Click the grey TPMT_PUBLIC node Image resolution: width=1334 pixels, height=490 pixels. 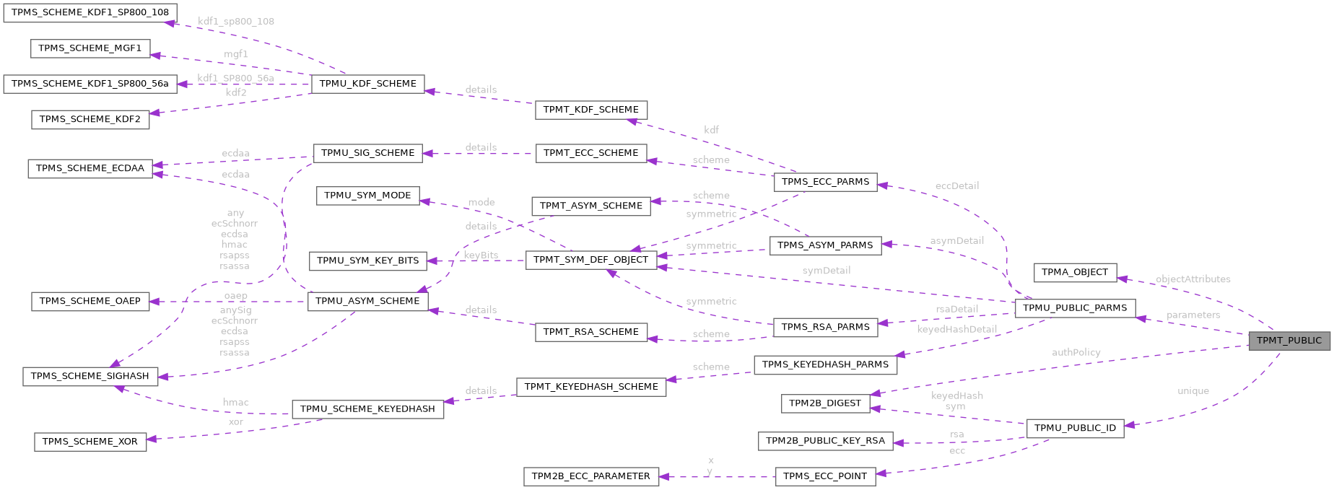[1289, 341]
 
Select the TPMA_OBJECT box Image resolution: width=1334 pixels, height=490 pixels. [1075, 272]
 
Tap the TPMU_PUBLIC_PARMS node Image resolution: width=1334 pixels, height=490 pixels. [1075, 308]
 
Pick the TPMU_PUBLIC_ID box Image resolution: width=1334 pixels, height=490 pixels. [1075, 428]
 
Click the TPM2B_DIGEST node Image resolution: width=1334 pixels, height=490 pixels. [824, 403]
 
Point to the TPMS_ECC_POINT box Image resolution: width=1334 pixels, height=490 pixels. [825, 476]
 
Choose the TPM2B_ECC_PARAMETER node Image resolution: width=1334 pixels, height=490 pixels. [590, 476]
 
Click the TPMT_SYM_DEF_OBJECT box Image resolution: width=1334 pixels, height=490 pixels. [590, 260]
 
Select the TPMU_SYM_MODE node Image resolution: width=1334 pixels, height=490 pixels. [367, 196]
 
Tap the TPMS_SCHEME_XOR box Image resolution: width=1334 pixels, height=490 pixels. [90, 442]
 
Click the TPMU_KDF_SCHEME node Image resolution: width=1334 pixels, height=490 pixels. [367, 84]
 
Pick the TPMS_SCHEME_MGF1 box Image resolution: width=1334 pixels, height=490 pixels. [90, 48]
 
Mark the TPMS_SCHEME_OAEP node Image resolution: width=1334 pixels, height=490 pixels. [90, 301]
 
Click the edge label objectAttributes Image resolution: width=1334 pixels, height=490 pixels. [1193, 279]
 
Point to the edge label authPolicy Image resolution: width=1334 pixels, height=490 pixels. [1076, 352]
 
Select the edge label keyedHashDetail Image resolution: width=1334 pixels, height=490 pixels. [956, 329]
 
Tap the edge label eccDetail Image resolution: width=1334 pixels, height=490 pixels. [956, 186]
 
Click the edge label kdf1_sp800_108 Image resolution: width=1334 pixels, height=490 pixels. [236, 22]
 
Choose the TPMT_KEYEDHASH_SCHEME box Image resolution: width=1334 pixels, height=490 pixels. [590, 387]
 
